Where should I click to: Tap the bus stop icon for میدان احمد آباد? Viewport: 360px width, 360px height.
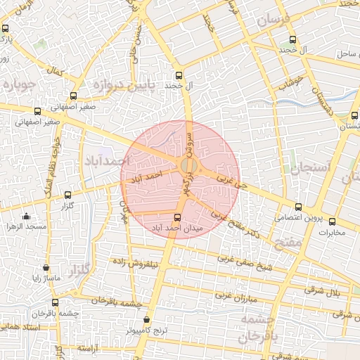tap(177, 217)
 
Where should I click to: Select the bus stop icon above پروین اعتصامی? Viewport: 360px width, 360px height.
tap(298, 207)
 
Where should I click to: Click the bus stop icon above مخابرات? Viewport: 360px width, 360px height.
tap(333, 221)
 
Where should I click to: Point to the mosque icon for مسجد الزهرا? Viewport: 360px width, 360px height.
tap(26, 217)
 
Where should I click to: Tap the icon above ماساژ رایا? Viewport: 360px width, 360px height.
tap(46, 268)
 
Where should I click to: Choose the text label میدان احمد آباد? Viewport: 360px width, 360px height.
tap(177, 228)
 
